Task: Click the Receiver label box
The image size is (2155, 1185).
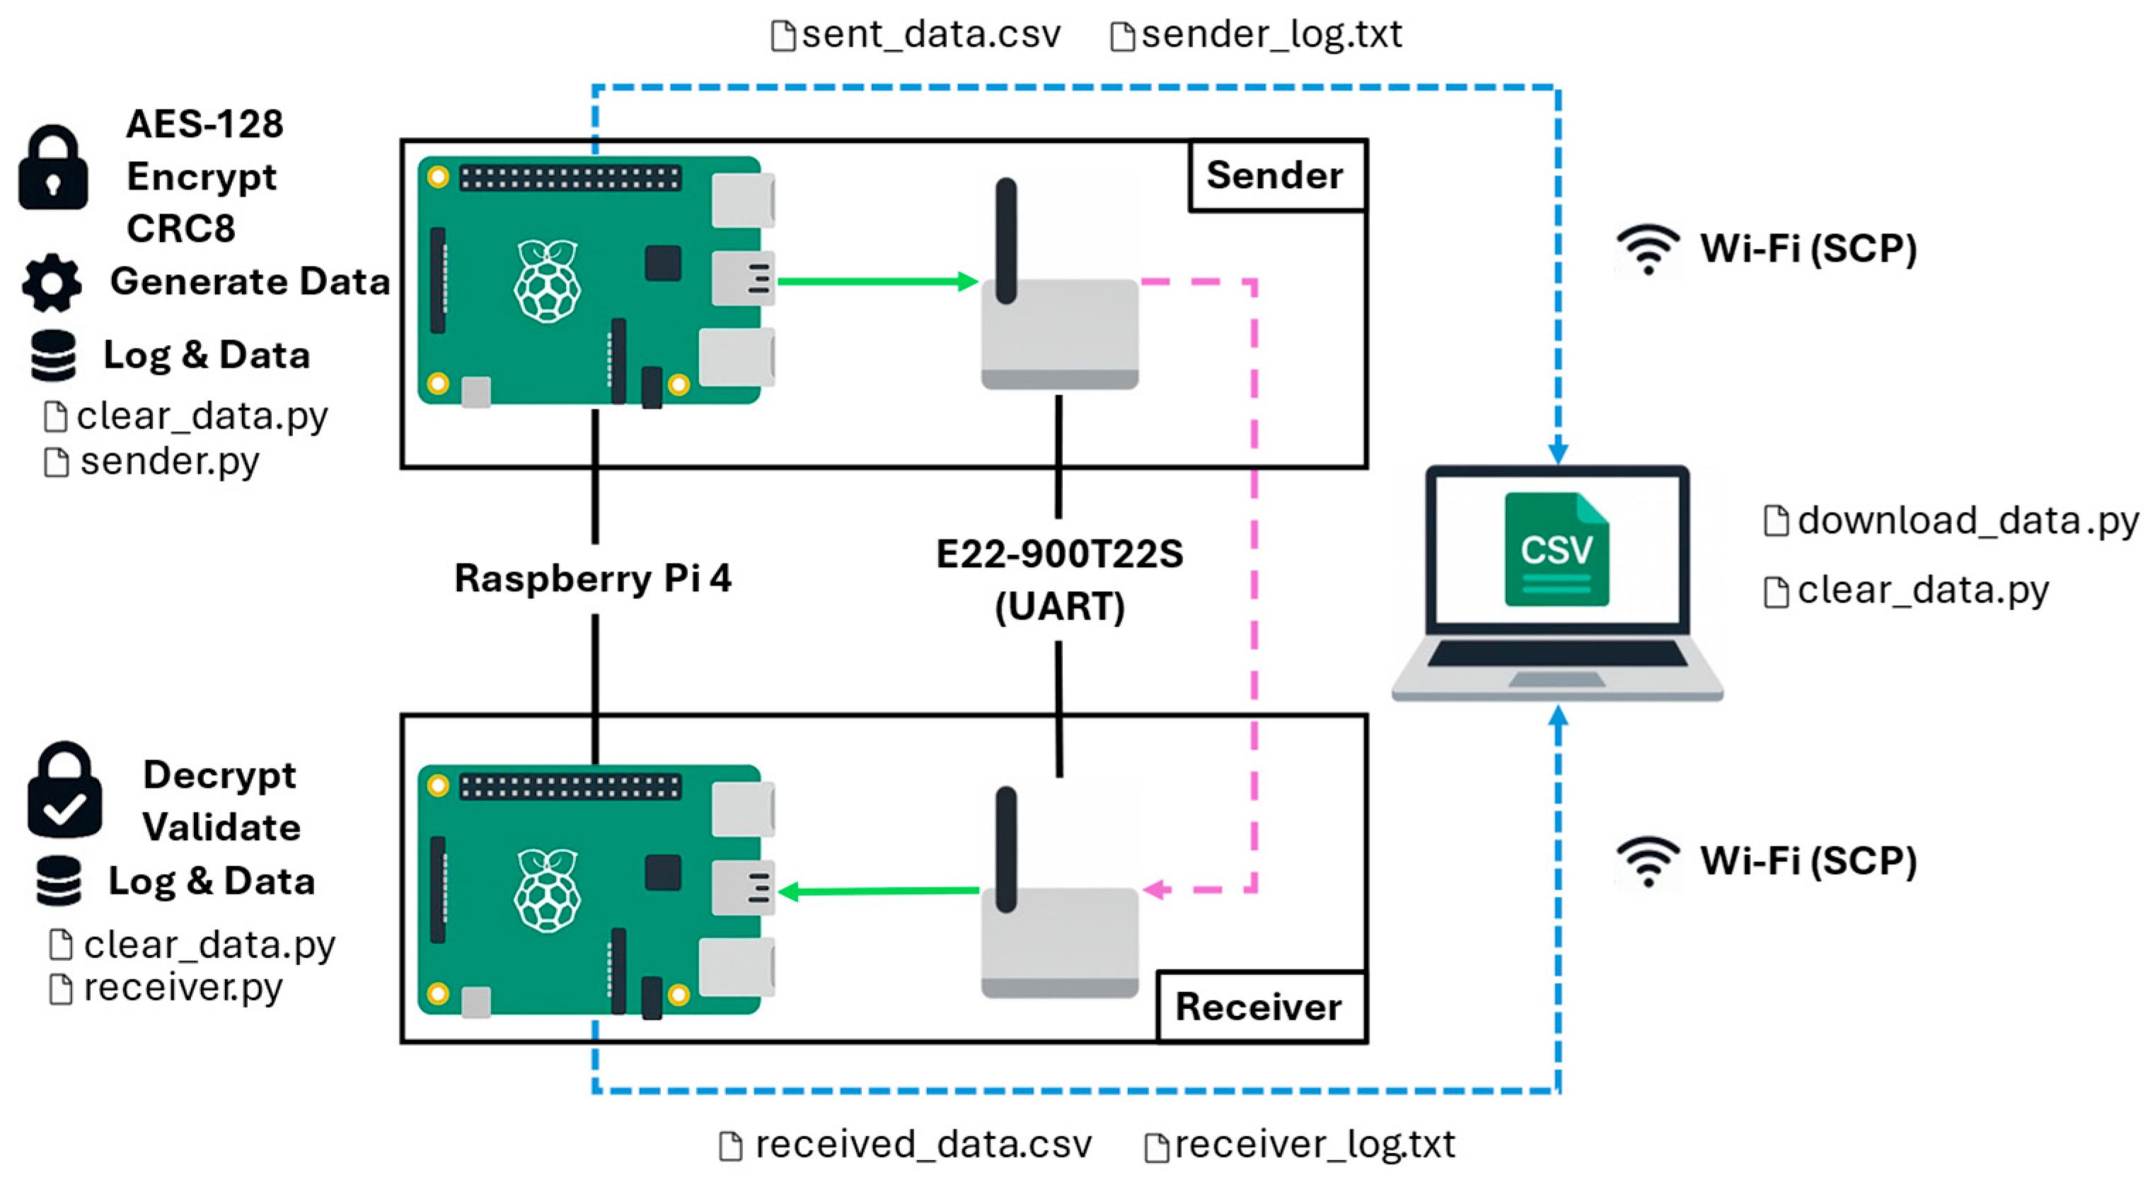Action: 1261,1006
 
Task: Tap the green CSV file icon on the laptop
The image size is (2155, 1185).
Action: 1556,549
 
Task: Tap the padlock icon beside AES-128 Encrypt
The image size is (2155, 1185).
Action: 52,168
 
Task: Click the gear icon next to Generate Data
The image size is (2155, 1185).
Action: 52,283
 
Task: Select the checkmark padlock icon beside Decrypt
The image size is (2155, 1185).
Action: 64,790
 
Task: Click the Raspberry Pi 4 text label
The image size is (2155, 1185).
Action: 592,578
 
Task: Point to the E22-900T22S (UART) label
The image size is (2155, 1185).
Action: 1059,580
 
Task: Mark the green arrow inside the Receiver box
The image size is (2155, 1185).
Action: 879,892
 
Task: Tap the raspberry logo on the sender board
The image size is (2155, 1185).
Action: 547,281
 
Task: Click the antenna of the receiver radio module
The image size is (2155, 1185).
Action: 1006,850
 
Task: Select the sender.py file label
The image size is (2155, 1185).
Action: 152,462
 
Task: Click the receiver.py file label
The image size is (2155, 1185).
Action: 166,988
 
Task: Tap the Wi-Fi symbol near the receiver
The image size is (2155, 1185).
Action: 1648,862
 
